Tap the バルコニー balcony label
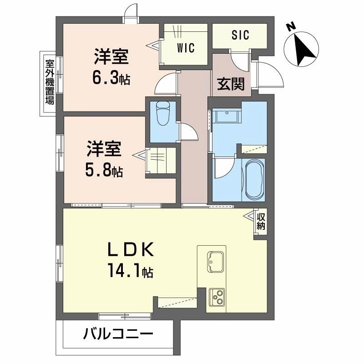pos(117,335)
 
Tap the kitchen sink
pos(215,262)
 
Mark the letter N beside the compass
pos(291,27)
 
